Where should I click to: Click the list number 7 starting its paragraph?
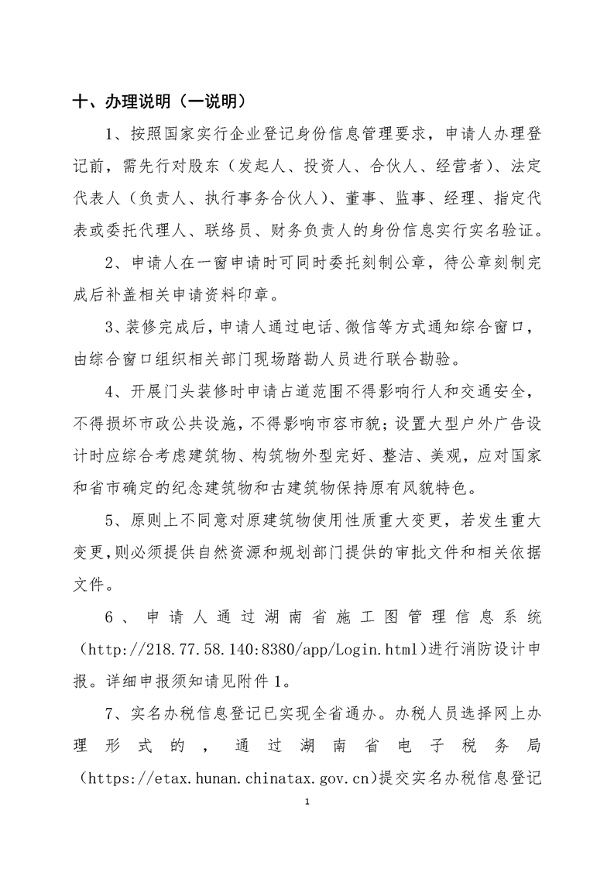pyautogui.click(x=111, y=713)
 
